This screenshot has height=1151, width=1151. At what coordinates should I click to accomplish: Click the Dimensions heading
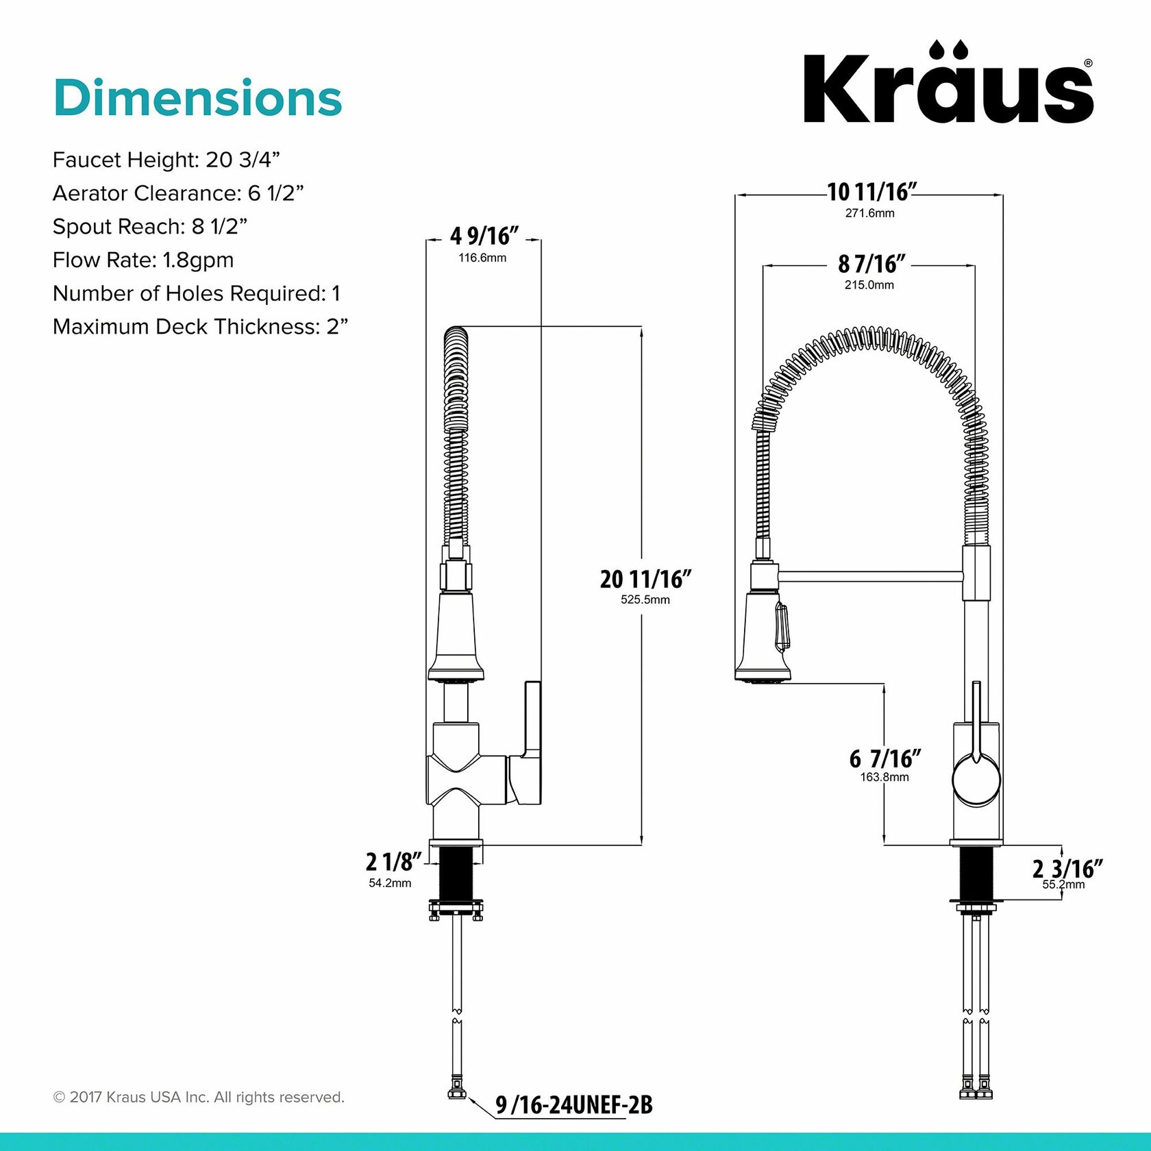click(197, 98)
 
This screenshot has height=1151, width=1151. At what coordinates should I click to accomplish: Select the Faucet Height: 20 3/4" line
click(166, 160)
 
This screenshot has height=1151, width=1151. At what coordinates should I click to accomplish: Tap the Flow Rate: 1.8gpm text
click(143, 260)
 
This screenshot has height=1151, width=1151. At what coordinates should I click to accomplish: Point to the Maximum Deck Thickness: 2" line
click(200, 327)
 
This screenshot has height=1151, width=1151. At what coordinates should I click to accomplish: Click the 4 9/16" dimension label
click(484, 236)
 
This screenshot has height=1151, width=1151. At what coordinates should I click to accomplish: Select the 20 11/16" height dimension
click(645, 580)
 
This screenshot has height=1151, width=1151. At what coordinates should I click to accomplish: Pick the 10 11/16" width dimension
click(871, 193)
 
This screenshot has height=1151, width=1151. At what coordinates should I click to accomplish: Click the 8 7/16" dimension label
click(871, 264)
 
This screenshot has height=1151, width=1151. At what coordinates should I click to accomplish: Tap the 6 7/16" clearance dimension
click(884, 759)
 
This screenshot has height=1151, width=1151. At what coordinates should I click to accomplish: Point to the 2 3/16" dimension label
click(1067, 869)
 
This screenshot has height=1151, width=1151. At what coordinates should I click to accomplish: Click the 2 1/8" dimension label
click(393, 862)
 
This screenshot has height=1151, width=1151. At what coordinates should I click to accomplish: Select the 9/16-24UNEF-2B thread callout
click(573, 1104)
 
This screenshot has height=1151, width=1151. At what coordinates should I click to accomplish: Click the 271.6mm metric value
click(869, 213)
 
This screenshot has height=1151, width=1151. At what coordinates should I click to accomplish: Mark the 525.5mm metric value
click(645, 599)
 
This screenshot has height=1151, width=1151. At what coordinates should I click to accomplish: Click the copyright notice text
click(199, 1097)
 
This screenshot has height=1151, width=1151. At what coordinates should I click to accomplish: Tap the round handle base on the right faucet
click(976, 781)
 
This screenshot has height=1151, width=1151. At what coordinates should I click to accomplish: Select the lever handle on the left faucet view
click(532, 733)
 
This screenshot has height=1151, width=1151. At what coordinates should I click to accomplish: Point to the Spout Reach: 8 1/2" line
click(150, 226)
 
